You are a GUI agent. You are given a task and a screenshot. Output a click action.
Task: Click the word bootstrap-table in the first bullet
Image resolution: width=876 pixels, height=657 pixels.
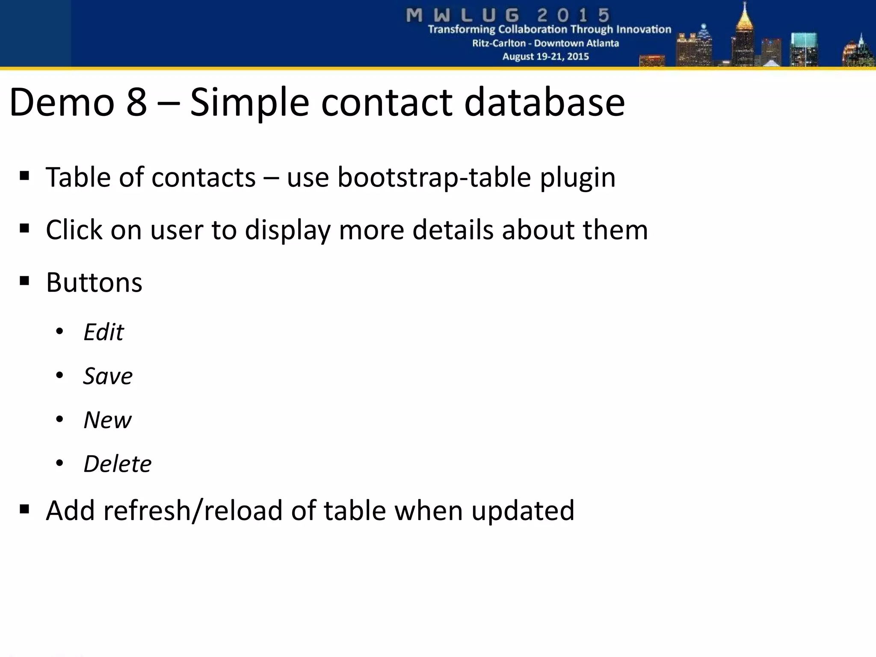434,177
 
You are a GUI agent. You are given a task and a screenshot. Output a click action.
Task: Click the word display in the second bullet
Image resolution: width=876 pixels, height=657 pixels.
287,231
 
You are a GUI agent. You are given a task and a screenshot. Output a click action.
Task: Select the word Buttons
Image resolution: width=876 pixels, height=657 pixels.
94,283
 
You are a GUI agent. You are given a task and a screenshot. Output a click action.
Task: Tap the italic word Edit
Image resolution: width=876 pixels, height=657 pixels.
104,332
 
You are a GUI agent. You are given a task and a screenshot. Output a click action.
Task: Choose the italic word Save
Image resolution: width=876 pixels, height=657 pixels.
108,376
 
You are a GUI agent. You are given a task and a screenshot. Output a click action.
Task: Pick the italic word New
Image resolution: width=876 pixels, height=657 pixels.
107,420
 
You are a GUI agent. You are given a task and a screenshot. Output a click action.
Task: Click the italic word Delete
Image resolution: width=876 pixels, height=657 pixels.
117,464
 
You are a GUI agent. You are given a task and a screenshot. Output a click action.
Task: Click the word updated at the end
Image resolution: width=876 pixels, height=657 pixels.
523,512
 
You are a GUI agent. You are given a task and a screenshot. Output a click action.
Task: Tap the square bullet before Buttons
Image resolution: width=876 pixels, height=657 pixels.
24,281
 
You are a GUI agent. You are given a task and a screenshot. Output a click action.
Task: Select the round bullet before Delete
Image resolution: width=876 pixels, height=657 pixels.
59,463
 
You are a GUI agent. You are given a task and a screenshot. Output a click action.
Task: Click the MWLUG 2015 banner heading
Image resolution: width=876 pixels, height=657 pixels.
508,15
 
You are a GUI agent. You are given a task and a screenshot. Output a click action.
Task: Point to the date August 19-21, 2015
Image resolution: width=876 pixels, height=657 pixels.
545,56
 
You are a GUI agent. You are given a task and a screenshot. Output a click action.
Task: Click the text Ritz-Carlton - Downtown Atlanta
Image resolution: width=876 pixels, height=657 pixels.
545,43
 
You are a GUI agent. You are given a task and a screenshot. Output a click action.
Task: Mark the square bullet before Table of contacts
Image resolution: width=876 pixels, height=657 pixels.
24,176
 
